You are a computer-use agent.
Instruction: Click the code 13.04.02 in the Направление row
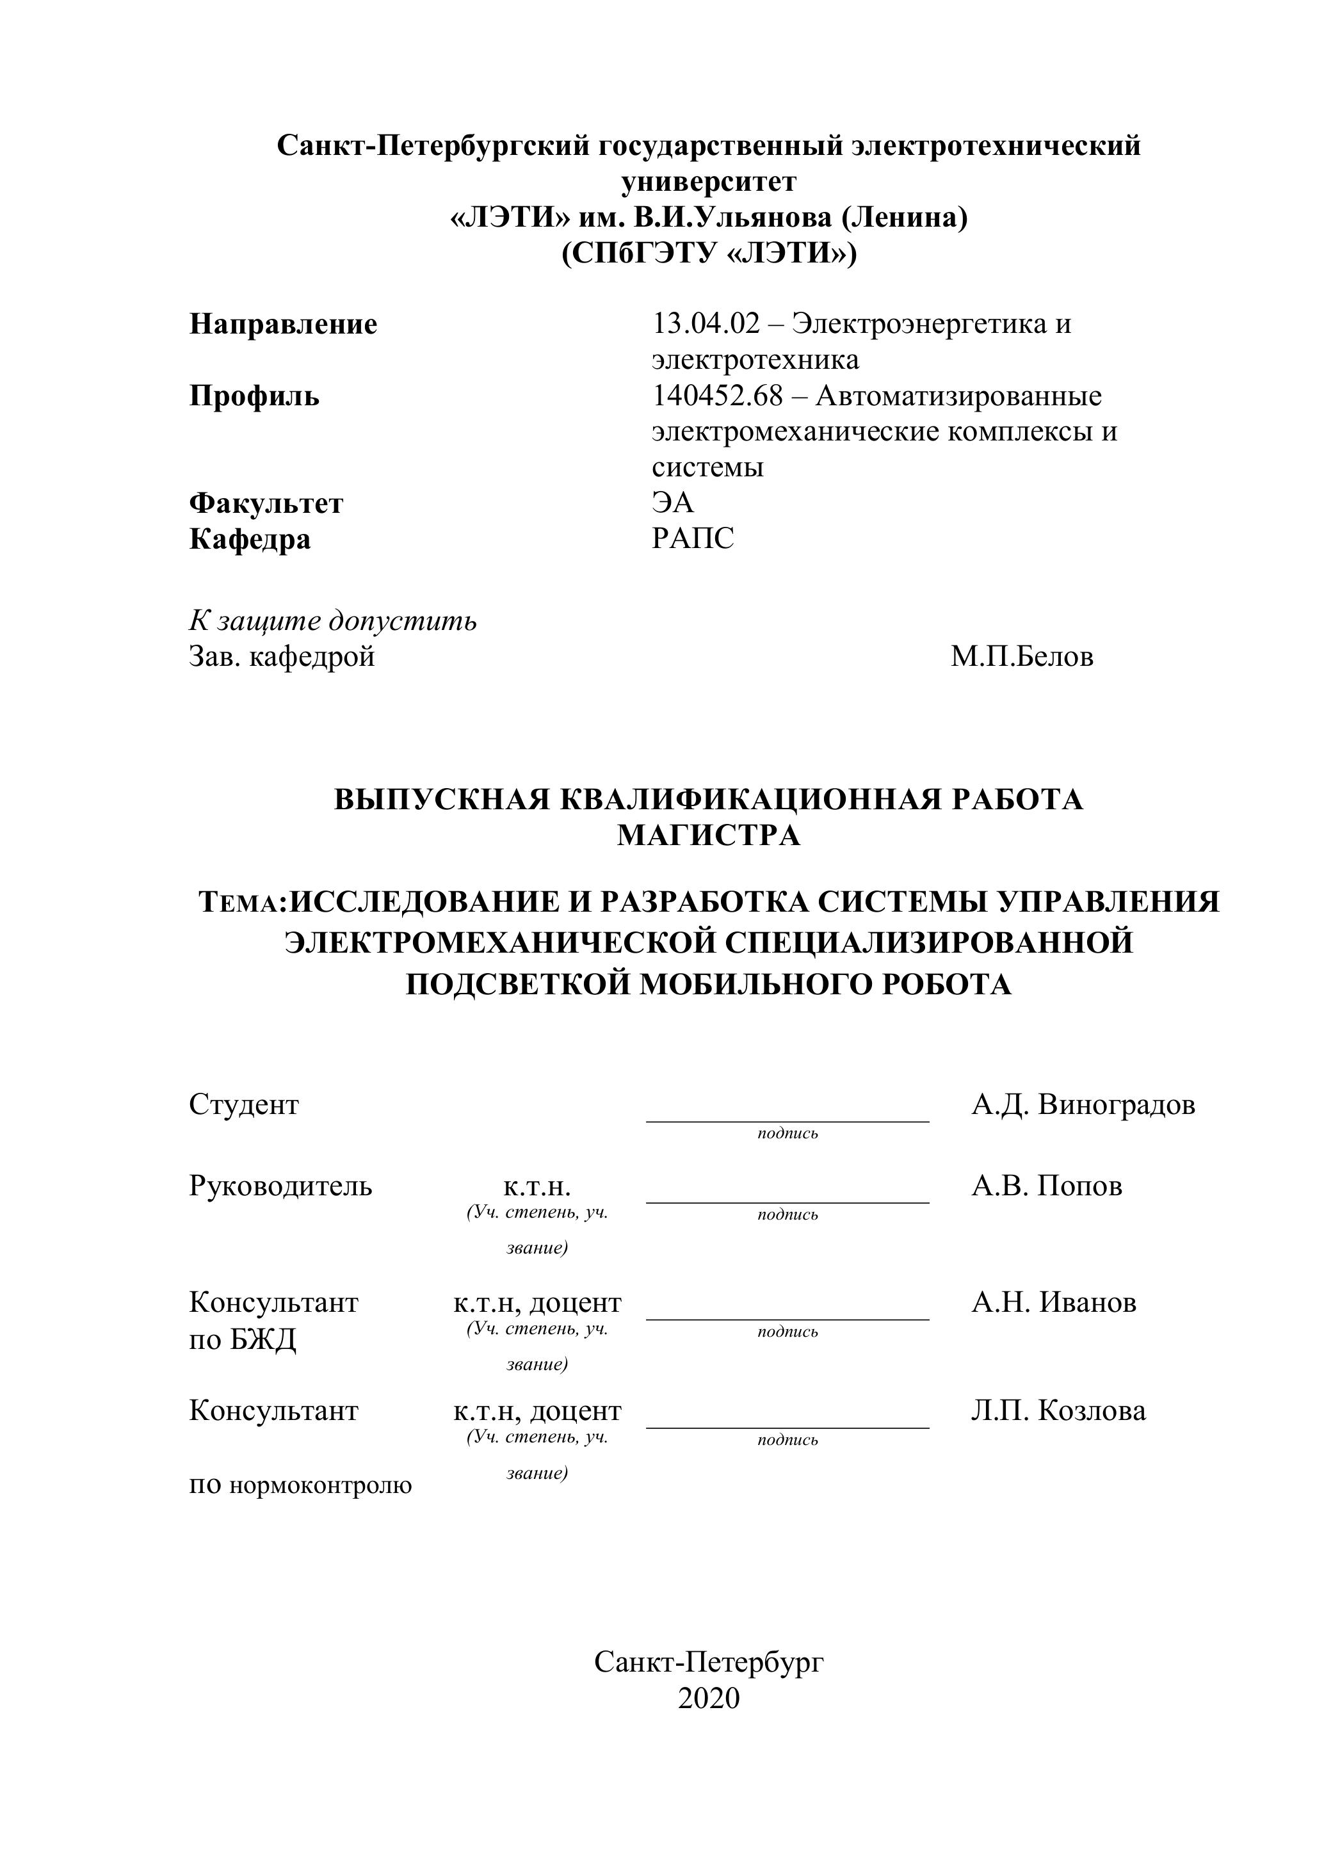tap(705, 325)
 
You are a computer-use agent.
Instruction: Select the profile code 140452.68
tap(716, 396)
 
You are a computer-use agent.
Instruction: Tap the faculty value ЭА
tap(673, 503)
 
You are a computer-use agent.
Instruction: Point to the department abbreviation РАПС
tap(693, 539)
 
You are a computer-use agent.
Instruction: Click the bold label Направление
tap(283, 325)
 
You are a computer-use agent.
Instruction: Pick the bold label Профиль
tap(254, 396)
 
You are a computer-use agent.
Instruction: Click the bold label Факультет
tap(266, 503)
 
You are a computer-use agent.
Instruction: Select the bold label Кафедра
tap(250, 539)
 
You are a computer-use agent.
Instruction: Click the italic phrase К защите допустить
tap(333, 620)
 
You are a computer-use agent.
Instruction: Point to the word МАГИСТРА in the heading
tap(709, 835)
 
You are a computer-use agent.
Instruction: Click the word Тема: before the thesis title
tap(244, 903)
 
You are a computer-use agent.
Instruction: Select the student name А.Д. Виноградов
tap(1083, 1105)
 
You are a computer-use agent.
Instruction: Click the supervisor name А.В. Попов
tap(1046, 1186)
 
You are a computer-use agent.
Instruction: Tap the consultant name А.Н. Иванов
tap(1053, 1302)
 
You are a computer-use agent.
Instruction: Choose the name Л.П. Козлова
tap(1058, 1410)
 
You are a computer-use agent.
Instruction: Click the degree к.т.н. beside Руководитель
tap(537, 1186)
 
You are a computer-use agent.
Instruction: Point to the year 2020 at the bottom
tap(709, 1697)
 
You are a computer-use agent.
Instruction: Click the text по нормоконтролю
tap(300, 1484)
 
